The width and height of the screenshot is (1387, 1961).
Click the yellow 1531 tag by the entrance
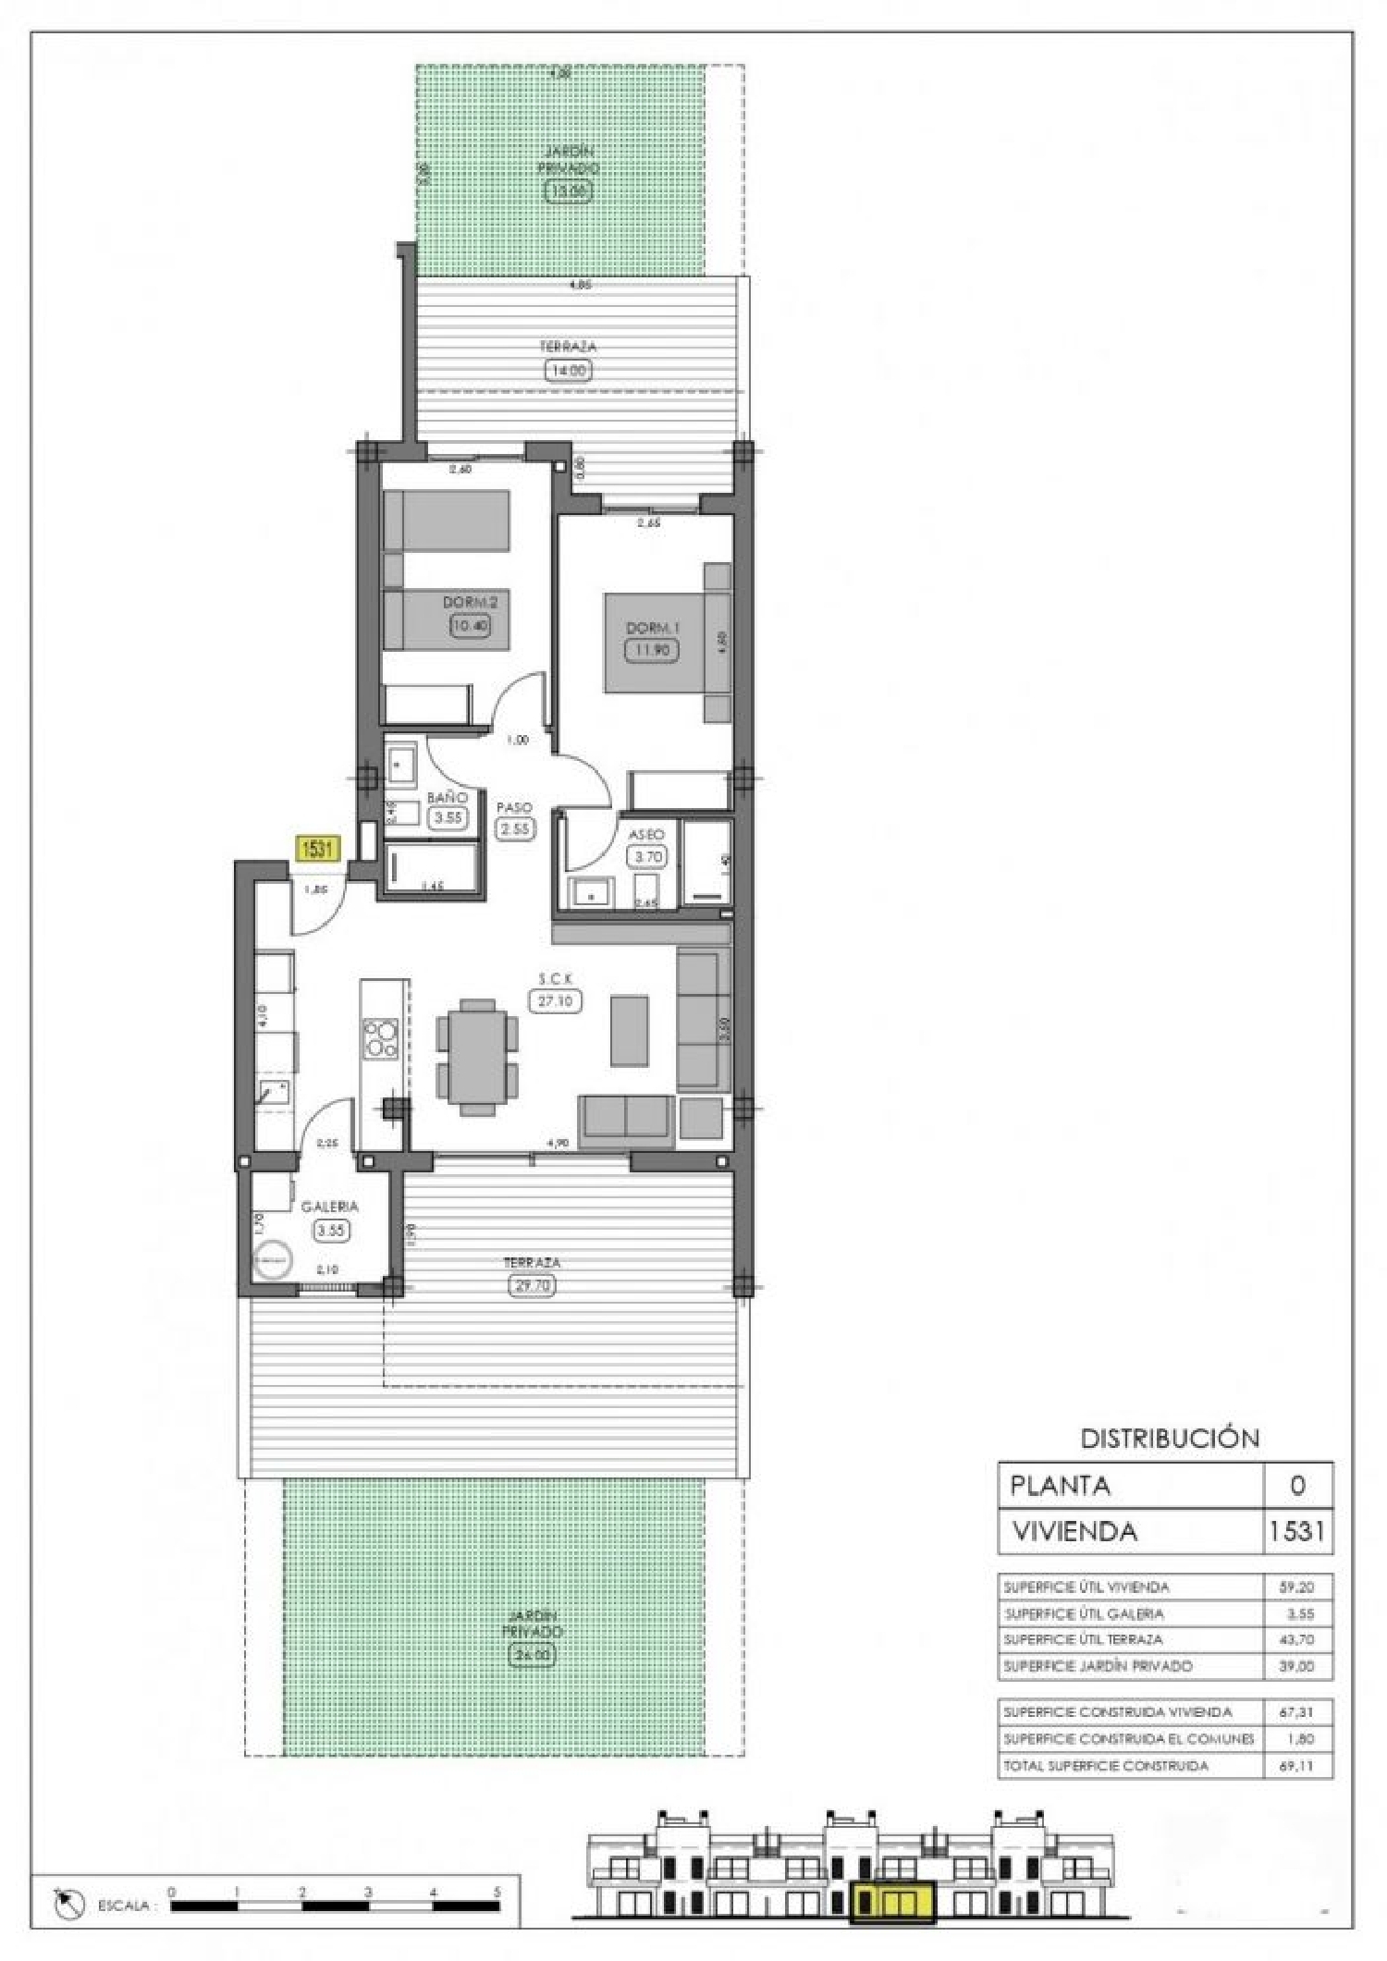(316, 848)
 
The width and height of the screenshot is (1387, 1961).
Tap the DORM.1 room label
(653, 628)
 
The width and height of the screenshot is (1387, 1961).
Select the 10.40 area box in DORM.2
(470, 625)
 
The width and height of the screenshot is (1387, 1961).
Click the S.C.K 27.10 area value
(555, 1000)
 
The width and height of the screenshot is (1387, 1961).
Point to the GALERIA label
(329, 1207)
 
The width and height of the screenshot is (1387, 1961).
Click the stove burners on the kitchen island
(380, 1037)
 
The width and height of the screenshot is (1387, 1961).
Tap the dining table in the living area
(477, 1055)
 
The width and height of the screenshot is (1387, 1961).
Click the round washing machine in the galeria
(272, 1260)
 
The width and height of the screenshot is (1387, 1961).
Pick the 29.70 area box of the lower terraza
(532, 1285)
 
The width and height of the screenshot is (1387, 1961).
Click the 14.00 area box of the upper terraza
(568, 370)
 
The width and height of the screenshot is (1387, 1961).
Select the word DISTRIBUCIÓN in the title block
(1170, 1438)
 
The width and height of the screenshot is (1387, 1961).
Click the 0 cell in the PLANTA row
(1297, 1486)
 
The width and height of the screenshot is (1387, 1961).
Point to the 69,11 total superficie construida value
(1297, 1765)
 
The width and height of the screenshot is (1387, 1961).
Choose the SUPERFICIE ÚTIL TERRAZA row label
(1084, 1638)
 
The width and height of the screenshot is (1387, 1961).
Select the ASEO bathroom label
(646, 834)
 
